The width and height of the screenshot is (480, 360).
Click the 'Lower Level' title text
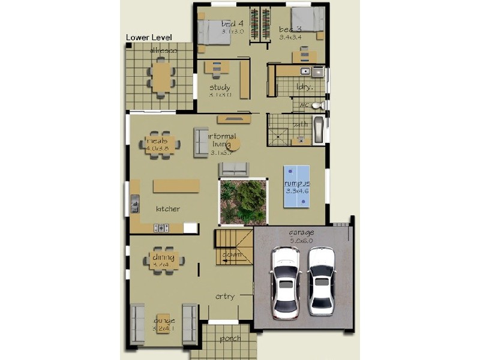pyautogui.click(x=149, y=37)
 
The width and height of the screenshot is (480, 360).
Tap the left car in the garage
pyautogui.click(x=286, y=282)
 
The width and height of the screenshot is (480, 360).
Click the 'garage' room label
pyautogui.click(x=301, y=232)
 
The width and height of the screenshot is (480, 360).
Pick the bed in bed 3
pyautogui.click(x=307, y=25)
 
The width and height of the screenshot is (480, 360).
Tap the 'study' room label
pyautogui.click(x=220, y=88)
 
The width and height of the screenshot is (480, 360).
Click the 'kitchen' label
pyautogui.click(x=168, y=209)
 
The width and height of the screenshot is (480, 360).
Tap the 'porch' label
pyautogui.click(x=230, y=338)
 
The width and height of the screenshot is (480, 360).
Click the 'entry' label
pyautogui.click(x=225, y=296)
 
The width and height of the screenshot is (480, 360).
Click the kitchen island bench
pyautogui.click(x=176, y=186)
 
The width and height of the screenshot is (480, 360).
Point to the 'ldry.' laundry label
pyautogui.click(x=304, y=86)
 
